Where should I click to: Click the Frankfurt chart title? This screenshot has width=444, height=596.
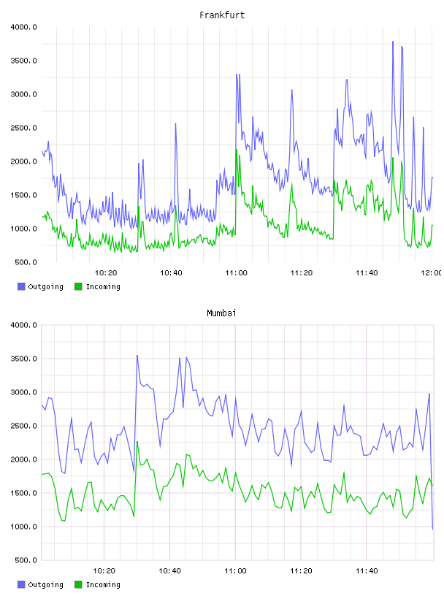point(222,15)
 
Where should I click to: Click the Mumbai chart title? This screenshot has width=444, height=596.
point(221,313)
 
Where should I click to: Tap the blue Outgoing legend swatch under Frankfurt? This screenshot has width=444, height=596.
point(21,286)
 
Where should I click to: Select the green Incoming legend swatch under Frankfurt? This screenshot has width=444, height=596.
point(78,286)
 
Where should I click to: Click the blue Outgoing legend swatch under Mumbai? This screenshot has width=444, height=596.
point(21,584)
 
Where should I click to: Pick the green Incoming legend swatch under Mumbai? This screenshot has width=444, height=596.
point(78,584)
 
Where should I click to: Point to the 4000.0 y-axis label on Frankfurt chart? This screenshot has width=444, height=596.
point(23,27)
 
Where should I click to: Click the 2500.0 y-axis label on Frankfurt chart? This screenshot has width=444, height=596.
point(23,128)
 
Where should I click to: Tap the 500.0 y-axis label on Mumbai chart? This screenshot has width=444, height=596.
point(26,560)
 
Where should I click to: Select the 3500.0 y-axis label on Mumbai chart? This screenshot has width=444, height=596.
point(23,359)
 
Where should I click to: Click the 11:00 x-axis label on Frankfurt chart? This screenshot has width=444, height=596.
point(236,273)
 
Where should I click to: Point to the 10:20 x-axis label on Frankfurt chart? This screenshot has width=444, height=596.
point(106,273)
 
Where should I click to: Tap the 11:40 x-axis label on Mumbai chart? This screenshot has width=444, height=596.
point(367,571)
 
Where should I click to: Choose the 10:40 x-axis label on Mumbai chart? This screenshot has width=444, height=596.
point(169,571)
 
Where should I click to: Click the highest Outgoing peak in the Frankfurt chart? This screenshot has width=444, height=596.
point(393,42)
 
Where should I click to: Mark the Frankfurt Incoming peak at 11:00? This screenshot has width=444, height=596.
point(237,150)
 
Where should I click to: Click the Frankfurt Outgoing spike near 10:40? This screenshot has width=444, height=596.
point(175,123)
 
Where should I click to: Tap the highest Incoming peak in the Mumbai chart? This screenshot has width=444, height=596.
point(137,441)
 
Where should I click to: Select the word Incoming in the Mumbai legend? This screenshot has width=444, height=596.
point(103,584)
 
